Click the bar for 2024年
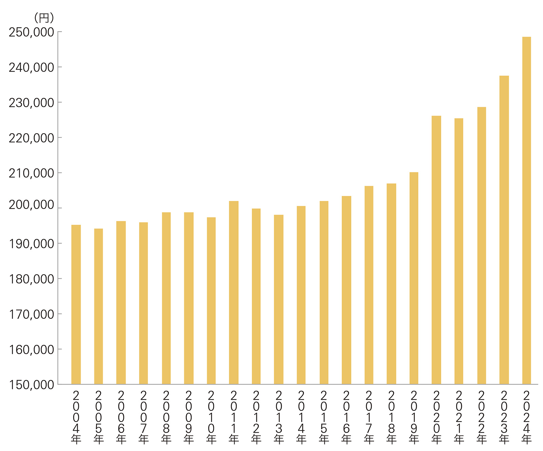[x=526, y=210]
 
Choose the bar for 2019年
[x=414, y=278]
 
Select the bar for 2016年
[x=346, y=290]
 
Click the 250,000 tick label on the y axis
[x=32, y=33]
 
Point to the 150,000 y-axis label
[x=32, y=385]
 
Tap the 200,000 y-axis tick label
[x=32, y=205]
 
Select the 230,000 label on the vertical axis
[x=32, y=103]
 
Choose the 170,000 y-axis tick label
[x=32, y=314]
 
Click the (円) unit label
[x=44, y=18]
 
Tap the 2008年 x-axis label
[x=166, y=417]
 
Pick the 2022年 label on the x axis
[x=481, y=417]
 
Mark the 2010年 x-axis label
[x=211, y=417]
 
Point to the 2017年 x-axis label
[x=369, y=417]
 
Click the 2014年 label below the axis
[x=301, y=417]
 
